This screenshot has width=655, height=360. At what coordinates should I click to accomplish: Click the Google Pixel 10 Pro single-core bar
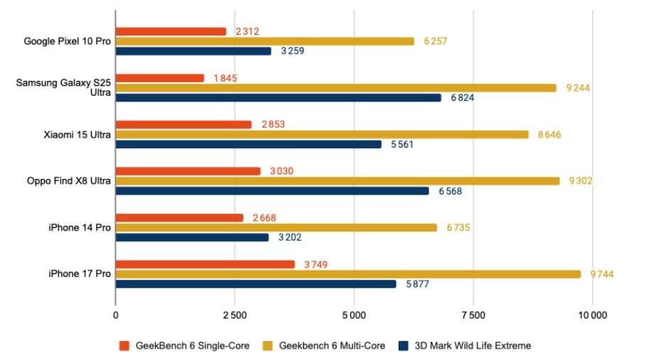[x=170, y=31]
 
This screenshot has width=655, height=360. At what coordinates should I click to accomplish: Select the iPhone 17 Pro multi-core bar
[x=347, y=274]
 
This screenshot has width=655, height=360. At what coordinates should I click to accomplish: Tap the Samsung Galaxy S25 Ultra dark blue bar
[x=278, y=97]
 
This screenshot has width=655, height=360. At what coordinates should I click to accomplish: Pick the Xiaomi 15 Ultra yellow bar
[x=322, y=134]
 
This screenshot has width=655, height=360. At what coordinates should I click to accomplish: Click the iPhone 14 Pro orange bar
[x=179, y=218]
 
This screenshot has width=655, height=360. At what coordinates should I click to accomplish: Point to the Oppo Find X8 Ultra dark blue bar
[x=272, y=191]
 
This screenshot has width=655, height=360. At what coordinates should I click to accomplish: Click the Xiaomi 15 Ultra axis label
[x=75, y=134]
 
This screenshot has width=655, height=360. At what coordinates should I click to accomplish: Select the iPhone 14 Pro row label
[x=80, y=227]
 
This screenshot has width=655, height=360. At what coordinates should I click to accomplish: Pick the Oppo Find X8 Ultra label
[x=67, y=181]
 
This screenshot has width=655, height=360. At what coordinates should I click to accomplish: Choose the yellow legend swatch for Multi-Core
[x=268, y=346]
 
